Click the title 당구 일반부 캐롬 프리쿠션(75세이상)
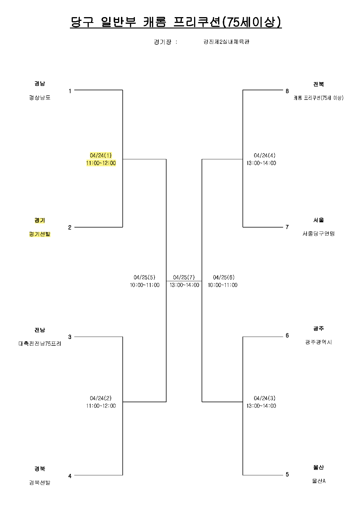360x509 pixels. (x=176, y=22)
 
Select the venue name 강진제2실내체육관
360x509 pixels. (x=226, y=42)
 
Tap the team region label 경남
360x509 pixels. (x=40, y=84)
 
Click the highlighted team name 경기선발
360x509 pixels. (x=40, y=234)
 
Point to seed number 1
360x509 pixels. (x=70, y=91)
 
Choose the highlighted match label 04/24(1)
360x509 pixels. (x=101, y=155)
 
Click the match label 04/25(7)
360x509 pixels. (x=184, y=277)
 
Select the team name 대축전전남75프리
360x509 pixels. (x=40, y=344)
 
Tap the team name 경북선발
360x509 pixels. (x=40, y=483)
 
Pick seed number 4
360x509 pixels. (x=70, y=476)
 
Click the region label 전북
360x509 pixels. (x=319, y=84)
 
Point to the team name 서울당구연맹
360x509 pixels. (x=319, y=233)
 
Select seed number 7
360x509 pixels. (x=287, y=227)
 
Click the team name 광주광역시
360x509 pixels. (x=319, y=342)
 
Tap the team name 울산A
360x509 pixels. (x=319, y=481)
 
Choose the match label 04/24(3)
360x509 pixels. (x=265, y=398)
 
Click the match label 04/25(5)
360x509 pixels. (x=144, y=277)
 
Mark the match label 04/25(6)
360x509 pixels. (x=224, y=277)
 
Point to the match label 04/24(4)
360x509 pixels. (x=265, y=155)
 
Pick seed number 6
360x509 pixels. (x=287, y=335)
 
